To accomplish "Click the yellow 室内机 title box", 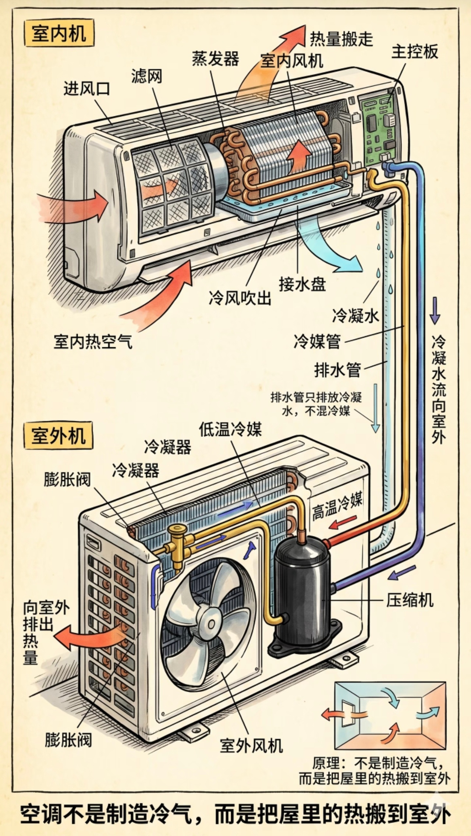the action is [x=58, y=33].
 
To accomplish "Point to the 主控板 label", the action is [x=415, y=52].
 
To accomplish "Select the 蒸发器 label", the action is [x=215, y=59].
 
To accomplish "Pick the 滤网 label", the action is [x=146, y=76].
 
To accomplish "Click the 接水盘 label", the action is [x=302, y=284].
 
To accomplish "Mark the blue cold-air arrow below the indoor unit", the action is [x=327, y=247].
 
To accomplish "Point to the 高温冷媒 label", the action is [x=337, y=506].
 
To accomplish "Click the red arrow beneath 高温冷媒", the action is [x=343, y=522].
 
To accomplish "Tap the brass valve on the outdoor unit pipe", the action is [x=178, y=540].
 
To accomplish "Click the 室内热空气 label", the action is [x=93, y=341].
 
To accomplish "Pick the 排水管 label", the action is [x=337, y=370].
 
